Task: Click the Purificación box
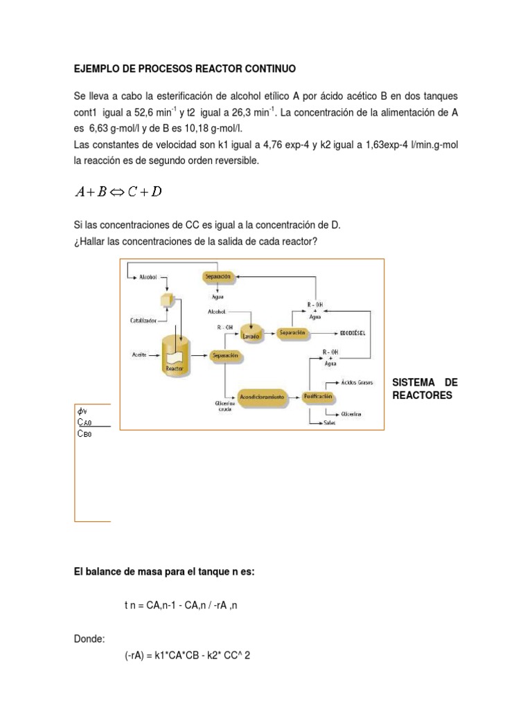318,397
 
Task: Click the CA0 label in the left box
85,422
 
